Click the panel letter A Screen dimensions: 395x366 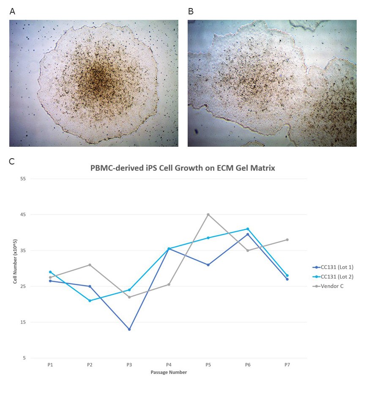tap(12, 12)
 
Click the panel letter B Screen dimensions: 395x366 tap(191, 12)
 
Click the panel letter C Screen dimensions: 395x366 tap(12, 161)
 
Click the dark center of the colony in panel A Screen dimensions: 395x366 tap(98, 78)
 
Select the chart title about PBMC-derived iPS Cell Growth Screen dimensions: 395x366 tap(183, 168)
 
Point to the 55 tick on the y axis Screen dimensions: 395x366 tap(23, 178)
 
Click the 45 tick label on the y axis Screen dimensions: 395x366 tap(23, 214)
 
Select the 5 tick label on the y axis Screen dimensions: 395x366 tap(24, 358)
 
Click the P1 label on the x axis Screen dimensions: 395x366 tap(50, 365)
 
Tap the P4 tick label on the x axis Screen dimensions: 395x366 tap(169, 365)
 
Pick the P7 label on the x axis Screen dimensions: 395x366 tap(287, 365)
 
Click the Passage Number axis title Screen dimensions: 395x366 tap(169, 373)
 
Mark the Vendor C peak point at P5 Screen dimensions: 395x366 tap(208, 214)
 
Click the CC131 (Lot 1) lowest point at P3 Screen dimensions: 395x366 tap(129, 329)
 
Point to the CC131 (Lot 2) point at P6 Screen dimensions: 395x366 tap(248, 229)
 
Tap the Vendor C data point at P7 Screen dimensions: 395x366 tap(287, 240)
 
